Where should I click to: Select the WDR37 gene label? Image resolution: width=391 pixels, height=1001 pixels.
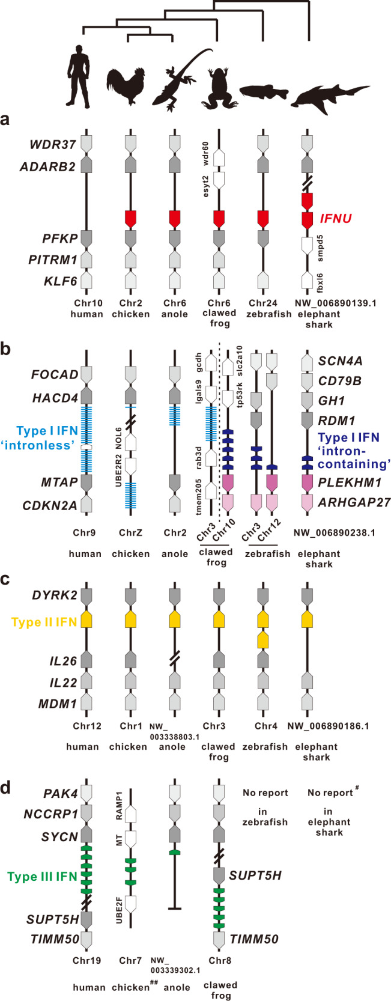tap(53, 145)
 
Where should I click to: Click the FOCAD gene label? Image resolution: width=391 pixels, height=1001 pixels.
tap(54, 375)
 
